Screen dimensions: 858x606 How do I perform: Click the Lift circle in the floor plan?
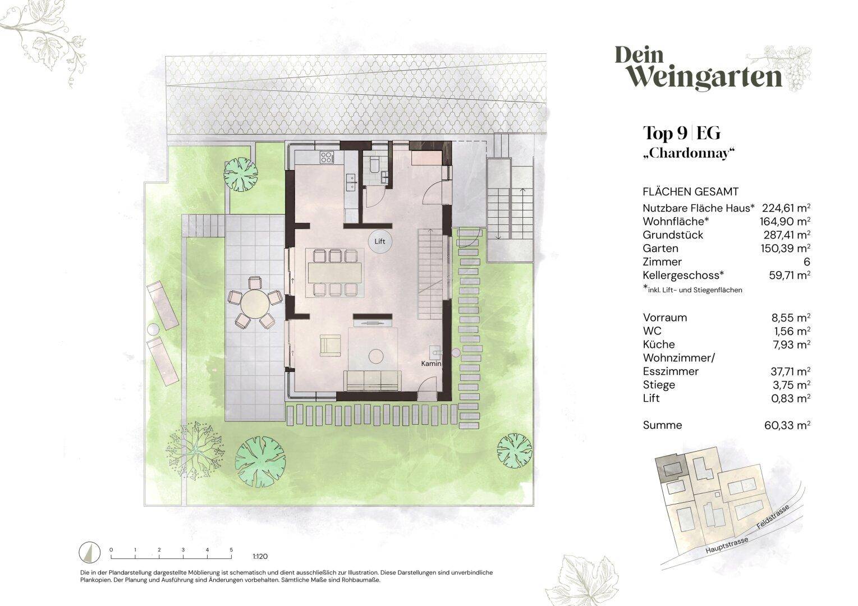[379, 241]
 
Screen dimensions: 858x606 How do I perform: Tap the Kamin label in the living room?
[431, 364]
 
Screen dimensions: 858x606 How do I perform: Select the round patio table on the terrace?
[255, 302]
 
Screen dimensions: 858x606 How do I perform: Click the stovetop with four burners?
[328, 157]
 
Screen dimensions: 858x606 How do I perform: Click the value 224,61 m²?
[786, 208]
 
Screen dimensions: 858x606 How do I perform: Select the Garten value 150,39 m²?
[786, 248]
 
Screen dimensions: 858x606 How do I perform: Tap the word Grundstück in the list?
[673, 235]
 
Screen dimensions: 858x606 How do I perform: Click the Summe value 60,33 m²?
[787, 425]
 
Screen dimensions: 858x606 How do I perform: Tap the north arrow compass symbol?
[90, 553]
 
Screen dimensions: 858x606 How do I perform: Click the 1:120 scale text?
[260, 556]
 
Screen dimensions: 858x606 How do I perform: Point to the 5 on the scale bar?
[231, 550]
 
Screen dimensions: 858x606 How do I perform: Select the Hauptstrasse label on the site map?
[727, 545]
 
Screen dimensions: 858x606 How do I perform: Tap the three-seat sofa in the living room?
[372, 380]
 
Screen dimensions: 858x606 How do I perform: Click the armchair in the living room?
[330, 345]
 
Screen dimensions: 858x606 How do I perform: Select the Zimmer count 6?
[807, 261]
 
